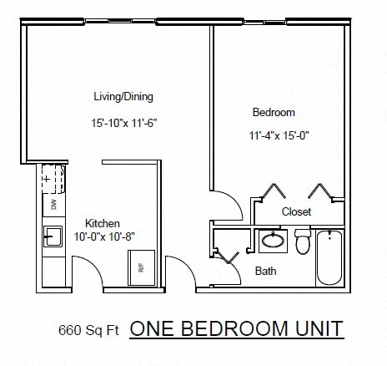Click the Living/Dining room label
pos(124,96)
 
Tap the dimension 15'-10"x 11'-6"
pos(124,123)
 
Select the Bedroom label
pos(273,112)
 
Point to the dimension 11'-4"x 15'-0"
pos(279,135)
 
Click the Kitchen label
pos(103,223)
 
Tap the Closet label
pos(296,211)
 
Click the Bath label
pos(266,271)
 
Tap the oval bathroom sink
pos(272,241)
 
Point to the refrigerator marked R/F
pos(141,268)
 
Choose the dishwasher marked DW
pos(53,204)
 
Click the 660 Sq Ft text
pos(88,329)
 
